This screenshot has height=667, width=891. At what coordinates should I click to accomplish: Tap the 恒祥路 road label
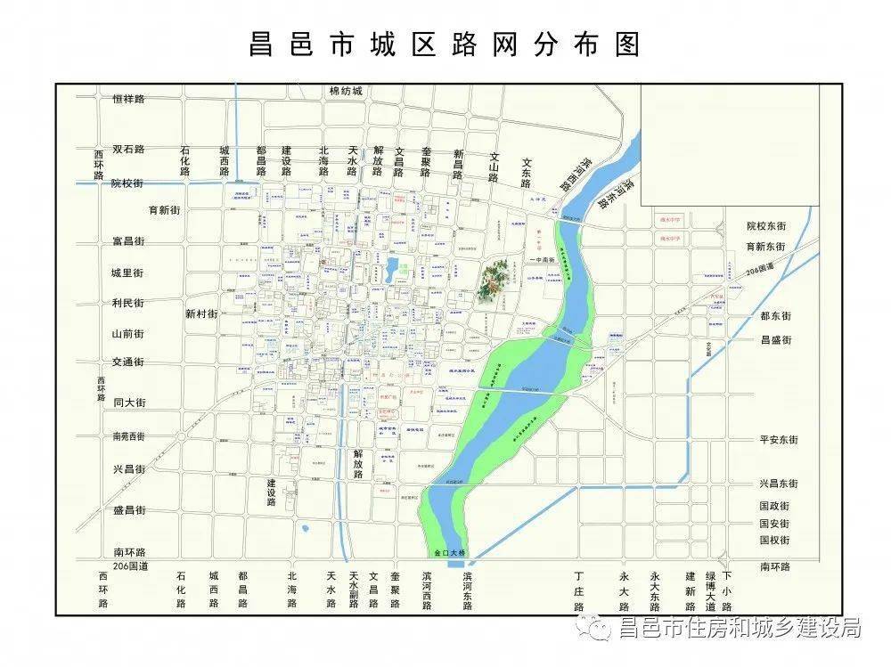(x=128, y=99)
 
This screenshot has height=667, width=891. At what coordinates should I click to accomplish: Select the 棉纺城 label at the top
(x=346, y=91)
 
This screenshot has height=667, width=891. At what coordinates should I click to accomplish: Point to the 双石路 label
(x=128, y=150)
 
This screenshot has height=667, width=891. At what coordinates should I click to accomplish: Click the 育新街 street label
(x=165, y=211)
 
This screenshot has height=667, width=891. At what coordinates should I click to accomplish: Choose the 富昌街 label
(x=128, y=241)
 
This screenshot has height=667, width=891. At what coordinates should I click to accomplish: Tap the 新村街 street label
(x=201, y=313)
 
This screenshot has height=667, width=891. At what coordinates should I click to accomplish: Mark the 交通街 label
(x=128, y=362)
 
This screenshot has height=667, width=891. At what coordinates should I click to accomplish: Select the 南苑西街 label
(x=128, y=436)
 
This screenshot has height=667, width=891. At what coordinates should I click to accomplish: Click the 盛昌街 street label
(x=128, y=510)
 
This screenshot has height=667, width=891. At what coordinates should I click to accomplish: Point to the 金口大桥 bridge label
(x=451, y=553)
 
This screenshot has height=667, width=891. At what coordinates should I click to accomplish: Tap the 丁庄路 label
(x=579, y=591)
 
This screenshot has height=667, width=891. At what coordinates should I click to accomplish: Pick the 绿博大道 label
(x=710, y=591)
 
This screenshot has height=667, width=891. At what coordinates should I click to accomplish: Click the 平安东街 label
(x=779, y=440)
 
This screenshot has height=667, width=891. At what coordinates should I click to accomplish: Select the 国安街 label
(x=774, y=524)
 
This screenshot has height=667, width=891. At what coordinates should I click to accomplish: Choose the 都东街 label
(x=775, y=316)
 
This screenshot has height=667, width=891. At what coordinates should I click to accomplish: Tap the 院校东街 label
(x=766, y=227)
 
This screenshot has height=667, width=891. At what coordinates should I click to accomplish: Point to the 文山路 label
(x=494, y=167)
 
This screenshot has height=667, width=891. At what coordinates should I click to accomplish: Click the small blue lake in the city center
(x=392, y=271)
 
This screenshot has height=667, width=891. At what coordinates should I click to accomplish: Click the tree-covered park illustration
(x=494, y=280)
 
